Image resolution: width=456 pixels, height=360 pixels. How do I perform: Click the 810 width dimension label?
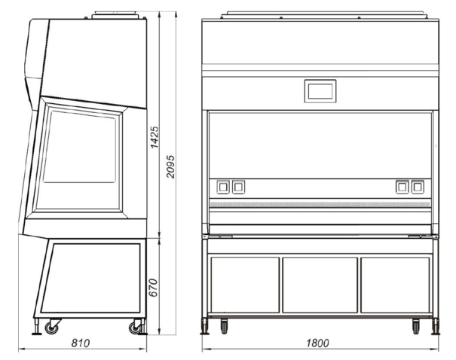[x=81, y=343]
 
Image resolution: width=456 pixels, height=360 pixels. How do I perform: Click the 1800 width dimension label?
[x=317, y=343]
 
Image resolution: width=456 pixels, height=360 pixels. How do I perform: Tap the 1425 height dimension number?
[x=155, y=137]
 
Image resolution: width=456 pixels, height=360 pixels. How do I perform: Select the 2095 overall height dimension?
[x=170, y=166]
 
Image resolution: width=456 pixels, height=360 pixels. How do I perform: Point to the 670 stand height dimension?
[x=153, y=288]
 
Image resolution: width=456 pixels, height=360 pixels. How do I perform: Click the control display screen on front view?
[x=320, y=91]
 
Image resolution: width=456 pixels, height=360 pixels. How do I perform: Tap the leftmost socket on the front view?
[x=223, y=187]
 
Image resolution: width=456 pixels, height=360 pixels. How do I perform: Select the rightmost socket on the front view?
[x=418, y=187]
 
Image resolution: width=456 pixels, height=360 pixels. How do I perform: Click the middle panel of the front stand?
[x=320, y=285]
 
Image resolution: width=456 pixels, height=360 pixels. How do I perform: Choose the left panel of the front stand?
[x=245, y=285]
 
